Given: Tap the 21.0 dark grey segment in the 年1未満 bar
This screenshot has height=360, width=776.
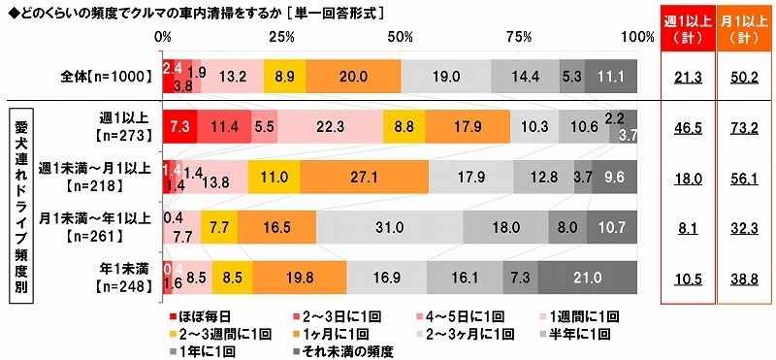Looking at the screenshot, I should pos(587,276).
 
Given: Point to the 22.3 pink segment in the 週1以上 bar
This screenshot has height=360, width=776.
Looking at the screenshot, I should pos(330,126).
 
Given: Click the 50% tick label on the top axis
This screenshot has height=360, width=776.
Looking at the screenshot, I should pos(401,37).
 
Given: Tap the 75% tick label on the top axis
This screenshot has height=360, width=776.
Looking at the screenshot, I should pos(519,37).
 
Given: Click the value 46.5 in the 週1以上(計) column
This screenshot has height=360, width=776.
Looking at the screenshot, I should pos(687,126).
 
